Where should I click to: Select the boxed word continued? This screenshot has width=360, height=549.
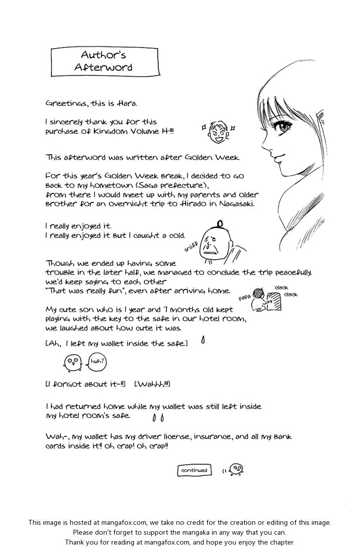click(194, 470)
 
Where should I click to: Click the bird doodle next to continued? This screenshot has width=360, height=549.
click(235, 468)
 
